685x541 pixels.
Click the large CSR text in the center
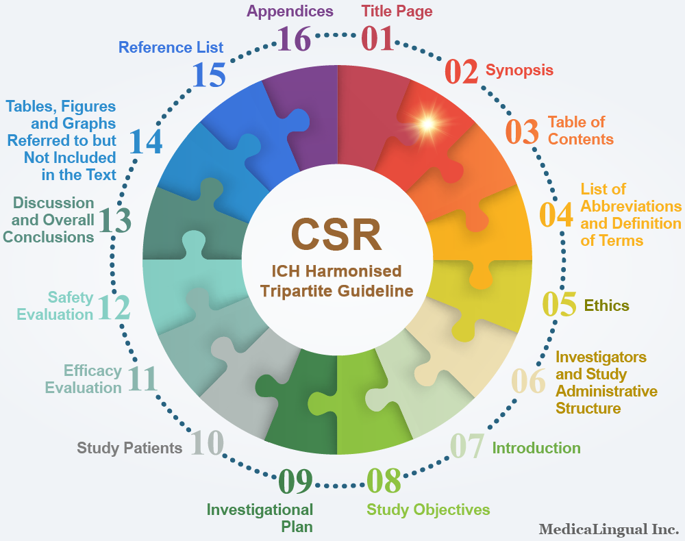coord(336,234)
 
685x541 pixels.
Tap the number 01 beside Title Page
coord(378,39)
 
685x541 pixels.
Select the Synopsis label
coord(519,71)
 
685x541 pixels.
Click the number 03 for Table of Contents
coord(522,132)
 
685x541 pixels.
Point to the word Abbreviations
coord(631,206)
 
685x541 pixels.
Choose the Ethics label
coord(606,305)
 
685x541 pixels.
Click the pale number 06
coord(528,381)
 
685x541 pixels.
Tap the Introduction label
coord(536,448)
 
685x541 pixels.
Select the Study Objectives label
coord(428,509)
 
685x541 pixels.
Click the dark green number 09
coord(296,481)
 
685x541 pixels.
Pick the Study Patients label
coord(129,448)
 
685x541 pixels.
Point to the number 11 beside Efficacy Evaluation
coord(142,379)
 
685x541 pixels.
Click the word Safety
coord(71,297)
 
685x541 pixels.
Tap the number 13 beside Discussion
coord(114,221)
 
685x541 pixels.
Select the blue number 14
coord(146,142)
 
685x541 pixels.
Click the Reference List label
coord(171,47)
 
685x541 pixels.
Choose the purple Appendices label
coord(290,12)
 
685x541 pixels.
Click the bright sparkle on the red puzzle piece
coord(427,124)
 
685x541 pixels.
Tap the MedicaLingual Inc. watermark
coord(608,529)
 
